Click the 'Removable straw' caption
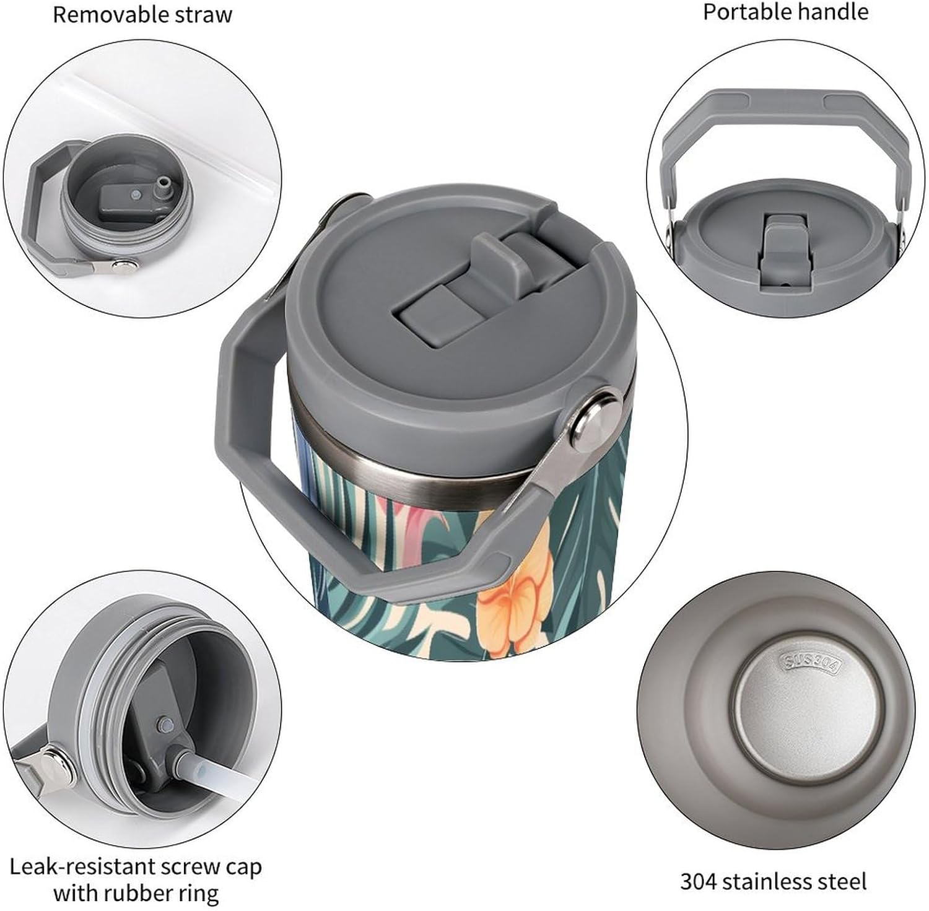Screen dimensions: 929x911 (142, 14)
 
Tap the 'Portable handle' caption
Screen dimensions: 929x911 (785, 12)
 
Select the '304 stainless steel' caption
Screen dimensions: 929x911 (773, 881)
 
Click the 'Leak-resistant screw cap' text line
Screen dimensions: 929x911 (136, 867)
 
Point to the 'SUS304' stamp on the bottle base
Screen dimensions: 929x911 (811, 663)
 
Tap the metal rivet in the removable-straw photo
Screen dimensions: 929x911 (123, 265)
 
